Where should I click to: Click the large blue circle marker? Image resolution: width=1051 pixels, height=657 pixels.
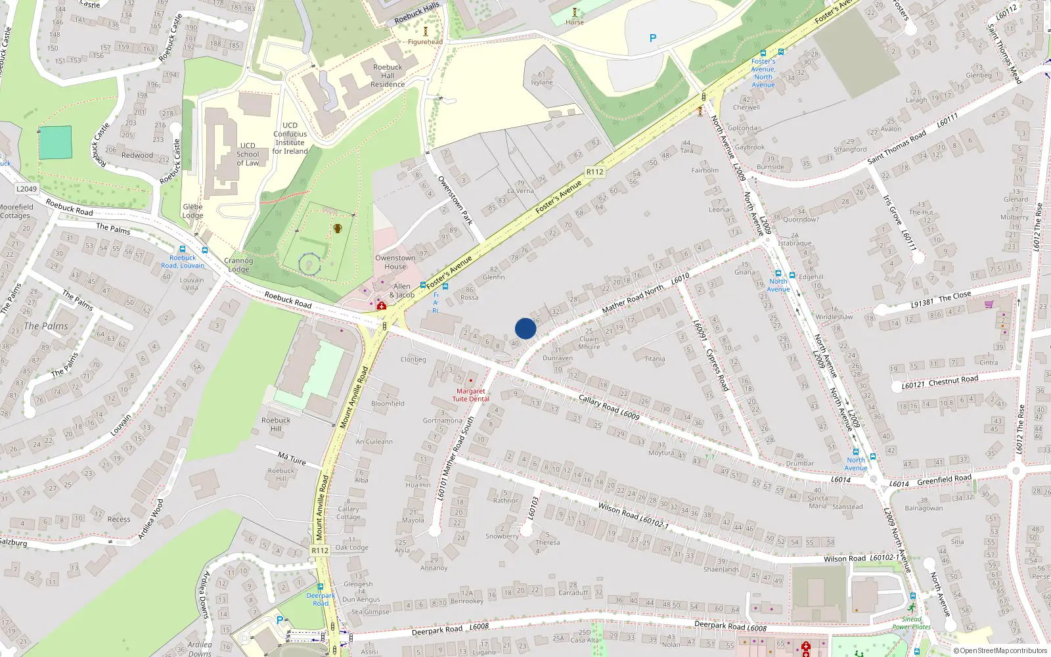click(525, 328)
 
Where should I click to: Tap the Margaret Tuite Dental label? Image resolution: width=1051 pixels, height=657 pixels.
click(470, 395)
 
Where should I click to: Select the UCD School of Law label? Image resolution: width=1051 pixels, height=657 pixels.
click(248, 154)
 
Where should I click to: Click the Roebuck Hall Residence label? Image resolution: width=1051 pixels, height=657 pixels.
click(388, 76)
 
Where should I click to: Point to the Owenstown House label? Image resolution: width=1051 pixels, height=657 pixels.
click(395, 262)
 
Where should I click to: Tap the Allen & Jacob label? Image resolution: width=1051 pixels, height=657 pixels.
click(401, 290)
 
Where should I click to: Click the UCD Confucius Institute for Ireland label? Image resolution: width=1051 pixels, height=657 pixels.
click(290, 138)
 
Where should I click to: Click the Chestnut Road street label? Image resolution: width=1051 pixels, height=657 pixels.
click(953, 380)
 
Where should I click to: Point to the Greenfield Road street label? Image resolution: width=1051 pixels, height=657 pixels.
click(944, 480)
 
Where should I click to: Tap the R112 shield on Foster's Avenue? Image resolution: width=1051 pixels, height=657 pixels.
click(594, 172)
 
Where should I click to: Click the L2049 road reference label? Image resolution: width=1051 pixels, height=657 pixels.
click(26, 189)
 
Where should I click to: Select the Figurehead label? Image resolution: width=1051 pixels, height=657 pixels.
click(425, 42)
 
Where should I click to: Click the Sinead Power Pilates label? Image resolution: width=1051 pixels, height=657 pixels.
click(911, 623)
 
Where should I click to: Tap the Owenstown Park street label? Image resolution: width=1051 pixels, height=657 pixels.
click(455, 200)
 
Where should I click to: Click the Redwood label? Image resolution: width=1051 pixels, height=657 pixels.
click(137, 155)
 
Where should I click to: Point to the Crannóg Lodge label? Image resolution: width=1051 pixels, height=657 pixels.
click(238, 265)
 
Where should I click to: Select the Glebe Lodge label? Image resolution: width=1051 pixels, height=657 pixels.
click(192, 211)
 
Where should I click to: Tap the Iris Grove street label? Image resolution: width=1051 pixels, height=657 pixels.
click(892, 210)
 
